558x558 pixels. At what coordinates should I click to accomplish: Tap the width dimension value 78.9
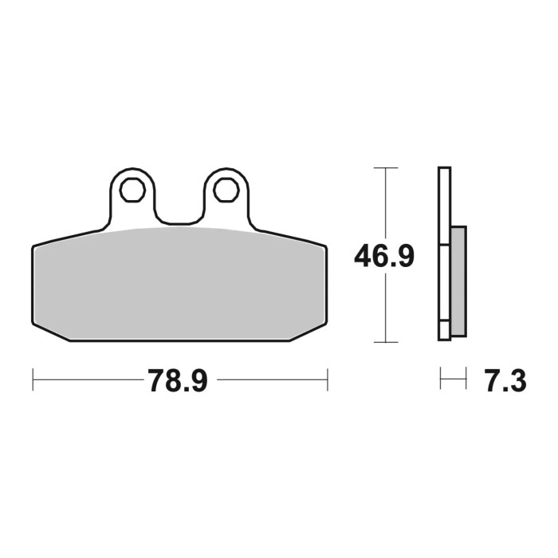pos(177,381)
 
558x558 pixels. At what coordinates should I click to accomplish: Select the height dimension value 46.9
pos(384,256)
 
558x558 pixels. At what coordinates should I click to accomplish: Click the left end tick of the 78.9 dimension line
pos(33,380)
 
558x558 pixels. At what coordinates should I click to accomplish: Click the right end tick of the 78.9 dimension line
pos(327,380)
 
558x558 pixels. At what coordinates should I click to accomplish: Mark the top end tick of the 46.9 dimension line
pos(385,168)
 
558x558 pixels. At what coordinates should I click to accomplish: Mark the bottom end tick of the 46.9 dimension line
pos(385,342)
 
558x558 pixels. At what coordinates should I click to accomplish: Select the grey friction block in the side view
pos(458,281)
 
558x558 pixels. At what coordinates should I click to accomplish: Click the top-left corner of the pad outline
pos(34,246)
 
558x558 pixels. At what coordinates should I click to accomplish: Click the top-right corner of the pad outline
pos(325,246)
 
